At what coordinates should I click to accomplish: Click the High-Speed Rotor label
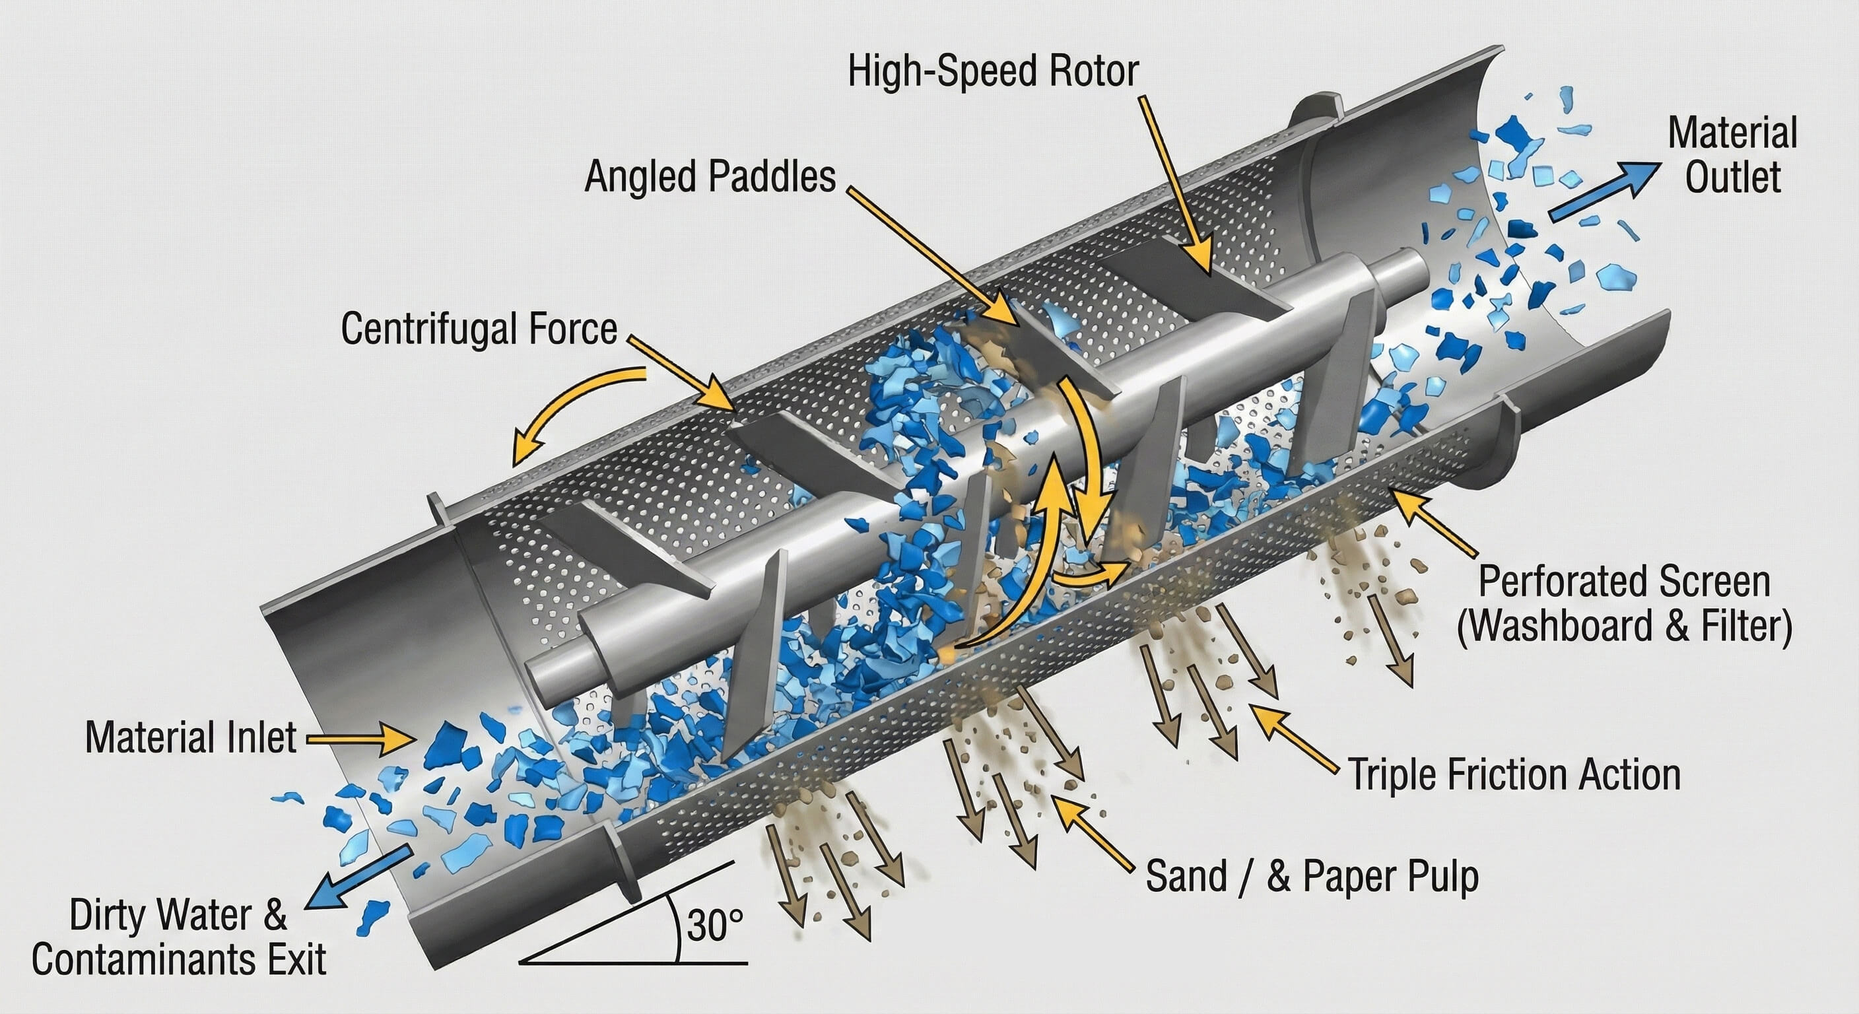coord(993,72)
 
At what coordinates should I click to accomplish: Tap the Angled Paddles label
coord(710,176)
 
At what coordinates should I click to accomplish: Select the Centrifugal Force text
coord(479,329)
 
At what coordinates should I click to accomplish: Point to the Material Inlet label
coord(191,737)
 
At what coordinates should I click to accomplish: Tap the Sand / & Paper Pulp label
coord(1312,876)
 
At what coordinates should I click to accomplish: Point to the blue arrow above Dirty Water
coord(356,879)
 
